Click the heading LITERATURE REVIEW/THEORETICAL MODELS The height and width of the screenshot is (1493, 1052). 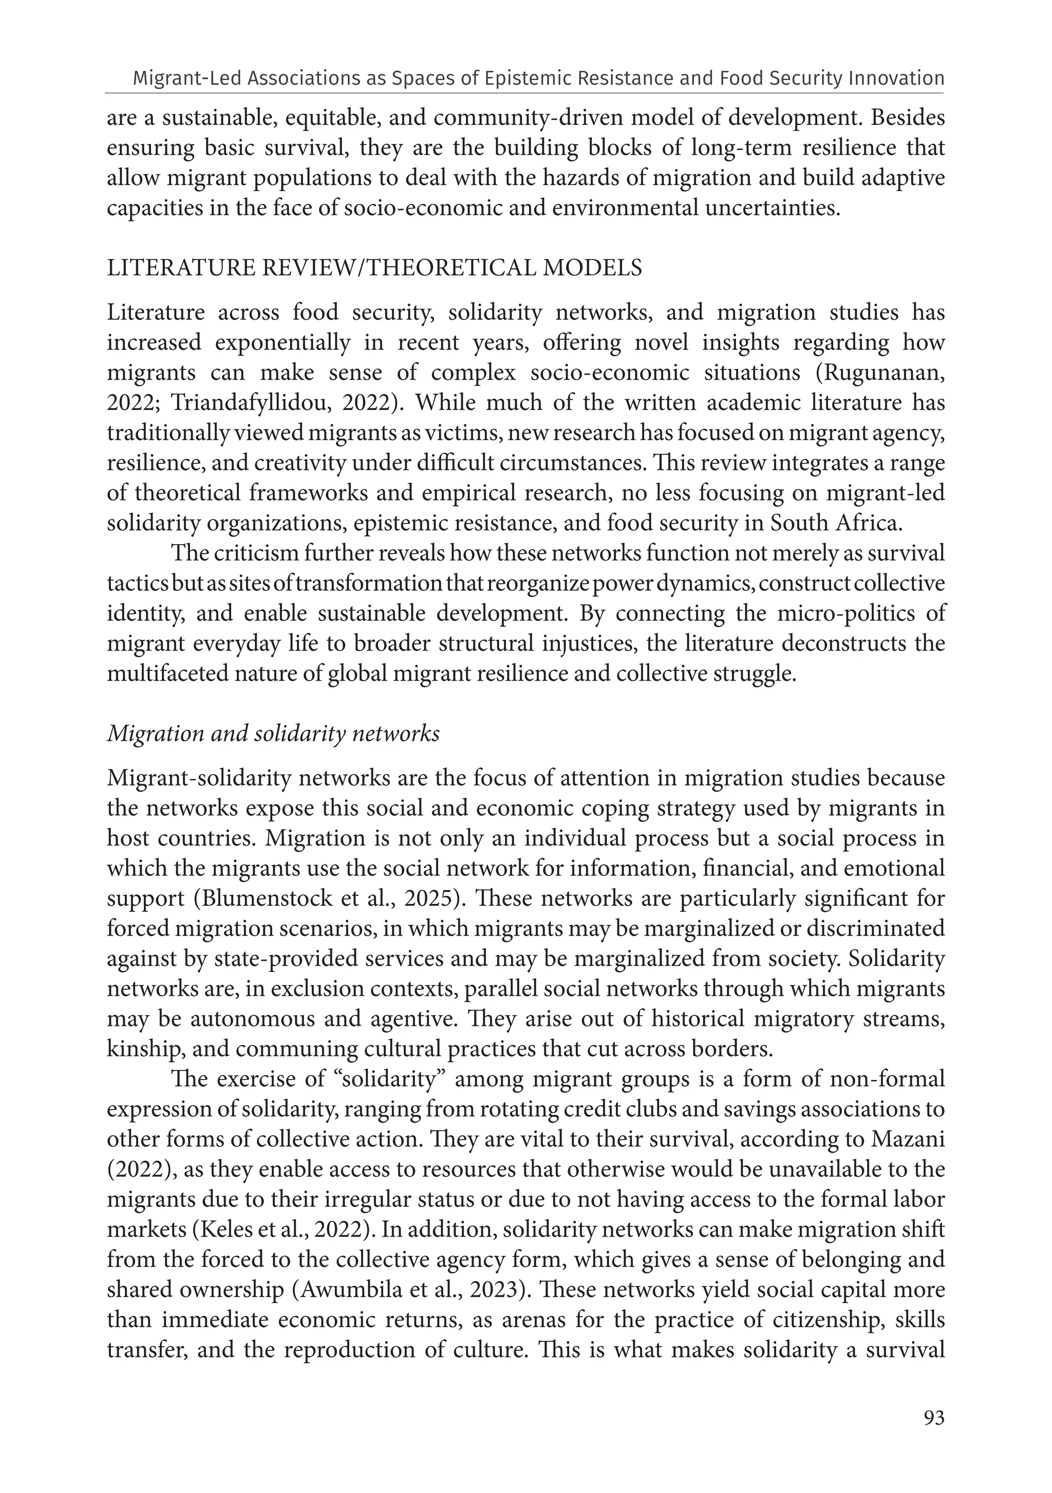coord(374,268)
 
